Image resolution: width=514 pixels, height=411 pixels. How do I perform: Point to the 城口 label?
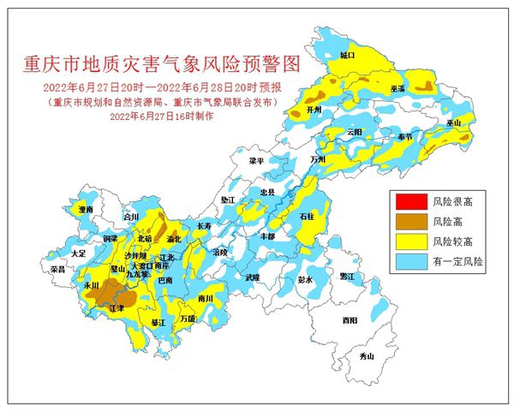(x=347, y=54)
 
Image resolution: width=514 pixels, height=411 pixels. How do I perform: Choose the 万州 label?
(x=319, y=159)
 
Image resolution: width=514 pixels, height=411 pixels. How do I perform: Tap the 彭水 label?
(x=306, y=280)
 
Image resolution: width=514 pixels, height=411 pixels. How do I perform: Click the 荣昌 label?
(x=57, y=269)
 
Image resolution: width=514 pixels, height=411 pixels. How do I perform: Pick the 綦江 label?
(x=158, y=323)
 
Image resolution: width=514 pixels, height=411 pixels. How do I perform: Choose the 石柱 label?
(x=308, y=217)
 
